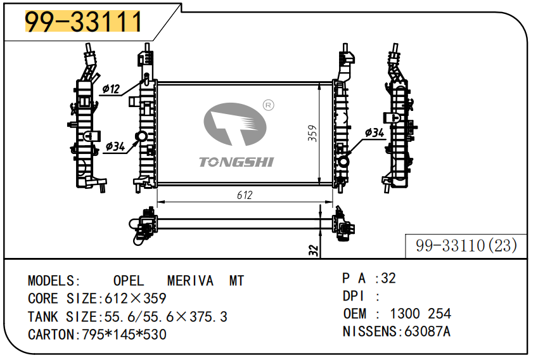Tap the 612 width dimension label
[x=245, y=195]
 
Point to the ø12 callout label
[x=111, y=89]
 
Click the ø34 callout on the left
[x=115, y=146]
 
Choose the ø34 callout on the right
[x=375, y=132]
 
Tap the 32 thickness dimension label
[x=312, y=250]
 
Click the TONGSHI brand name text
[x=236, y=162]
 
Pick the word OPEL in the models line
[x=129, y=281]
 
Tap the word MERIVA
[x=189, y=281]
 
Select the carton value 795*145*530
[x=124, y=334]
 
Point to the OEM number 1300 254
[x=420, y=314]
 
